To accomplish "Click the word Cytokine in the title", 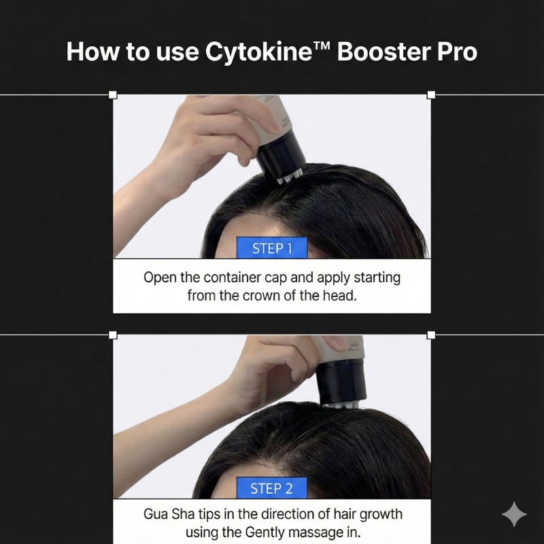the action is tap(258, 52).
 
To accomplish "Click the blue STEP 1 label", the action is tap(272, 248).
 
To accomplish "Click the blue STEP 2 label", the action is tap(272, 488).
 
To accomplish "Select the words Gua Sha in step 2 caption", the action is tap(169, 514).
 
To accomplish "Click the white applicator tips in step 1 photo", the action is tap(290, 177).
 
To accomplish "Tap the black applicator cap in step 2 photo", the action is tap(342, 381).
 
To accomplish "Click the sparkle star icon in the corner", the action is tap(514, 514).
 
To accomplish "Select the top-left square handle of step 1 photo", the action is tap(113, 95).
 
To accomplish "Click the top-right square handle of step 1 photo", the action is tap(431, 95).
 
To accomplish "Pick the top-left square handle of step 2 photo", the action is tap(113, 335).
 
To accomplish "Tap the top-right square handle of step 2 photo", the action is tap(431, 335).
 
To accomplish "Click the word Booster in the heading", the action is tap(384, 52).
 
